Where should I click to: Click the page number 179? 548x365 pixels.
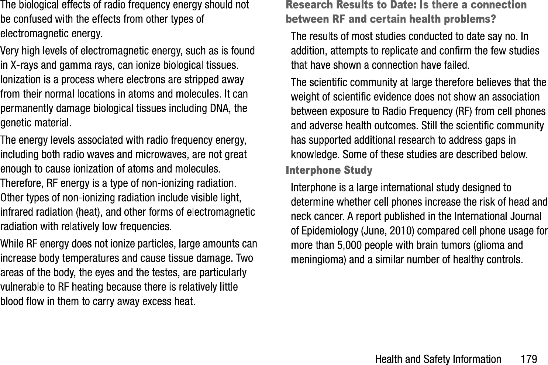529,359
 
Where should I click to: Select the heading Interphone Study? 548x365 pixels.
329,170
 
